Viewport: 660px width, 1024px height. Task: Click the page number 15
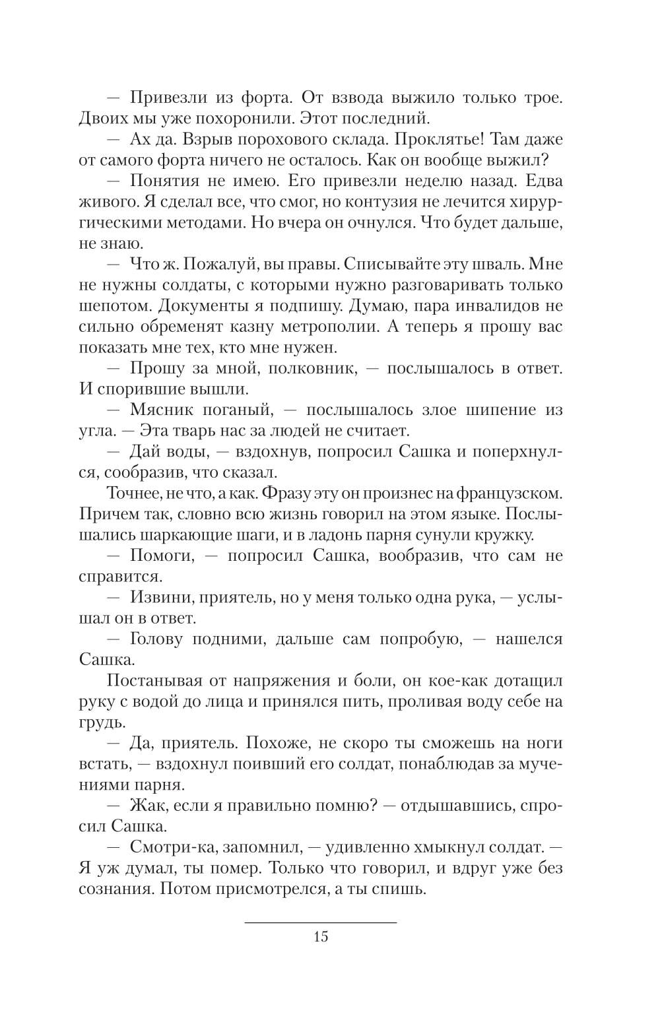point(321,937)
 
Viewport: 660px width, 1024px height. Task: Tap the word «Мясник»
point(162,410)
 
